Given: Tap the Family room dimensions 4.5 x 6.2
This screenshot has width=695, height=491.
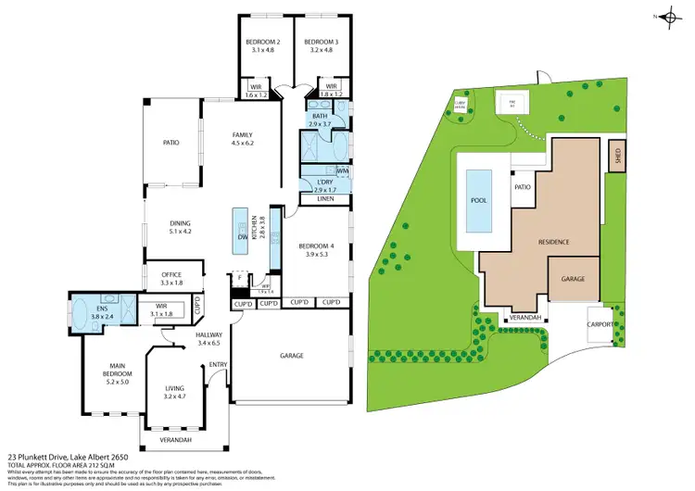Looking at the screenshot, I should coord(242,144).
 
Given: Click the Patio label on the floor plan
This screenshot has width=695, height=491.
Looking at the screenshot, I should coord(171,143).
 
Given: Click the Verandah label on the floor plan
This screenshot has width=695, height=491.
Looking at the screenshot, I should coord(176,439).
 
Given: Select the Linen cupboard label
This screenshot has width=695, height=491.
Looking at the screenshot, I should coord(324,199).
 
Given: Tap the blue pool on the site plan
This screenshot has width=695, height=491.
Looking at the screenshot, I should coord(480,200).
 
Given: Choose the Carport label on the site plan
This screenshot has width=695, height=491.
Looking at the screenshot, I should coord(600,325).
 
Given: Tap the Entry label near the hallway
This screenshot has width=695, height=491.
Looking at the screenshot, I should coord(219,364).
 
